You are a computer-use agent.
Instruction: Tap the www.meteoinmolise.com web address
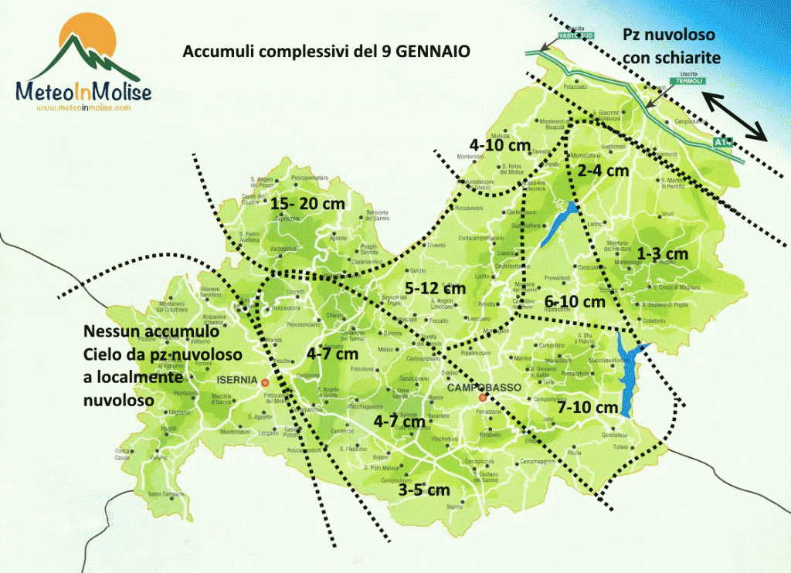coord(84,108)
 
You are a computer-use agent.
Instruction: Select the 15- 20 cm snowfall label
coord(307,204)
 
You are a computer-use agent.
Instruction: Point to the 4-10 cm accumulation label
coord(500,144)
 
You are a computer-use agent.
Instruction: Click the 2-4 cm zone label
coord(603,170)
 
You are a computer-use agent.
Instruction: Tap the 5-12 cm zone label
coord(435,288)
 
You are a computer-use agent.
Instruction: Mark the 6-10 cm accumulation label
coord(575,301)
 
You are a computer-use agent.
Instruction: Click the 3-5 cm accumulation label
coord(424,490)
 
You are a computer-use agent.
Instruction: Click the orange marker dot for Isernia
coord(265,382)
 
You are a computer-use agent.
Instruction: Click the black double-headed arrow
coord(735,116)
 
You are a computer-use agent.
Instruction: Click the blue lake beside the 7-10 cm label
coord(628,378)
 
